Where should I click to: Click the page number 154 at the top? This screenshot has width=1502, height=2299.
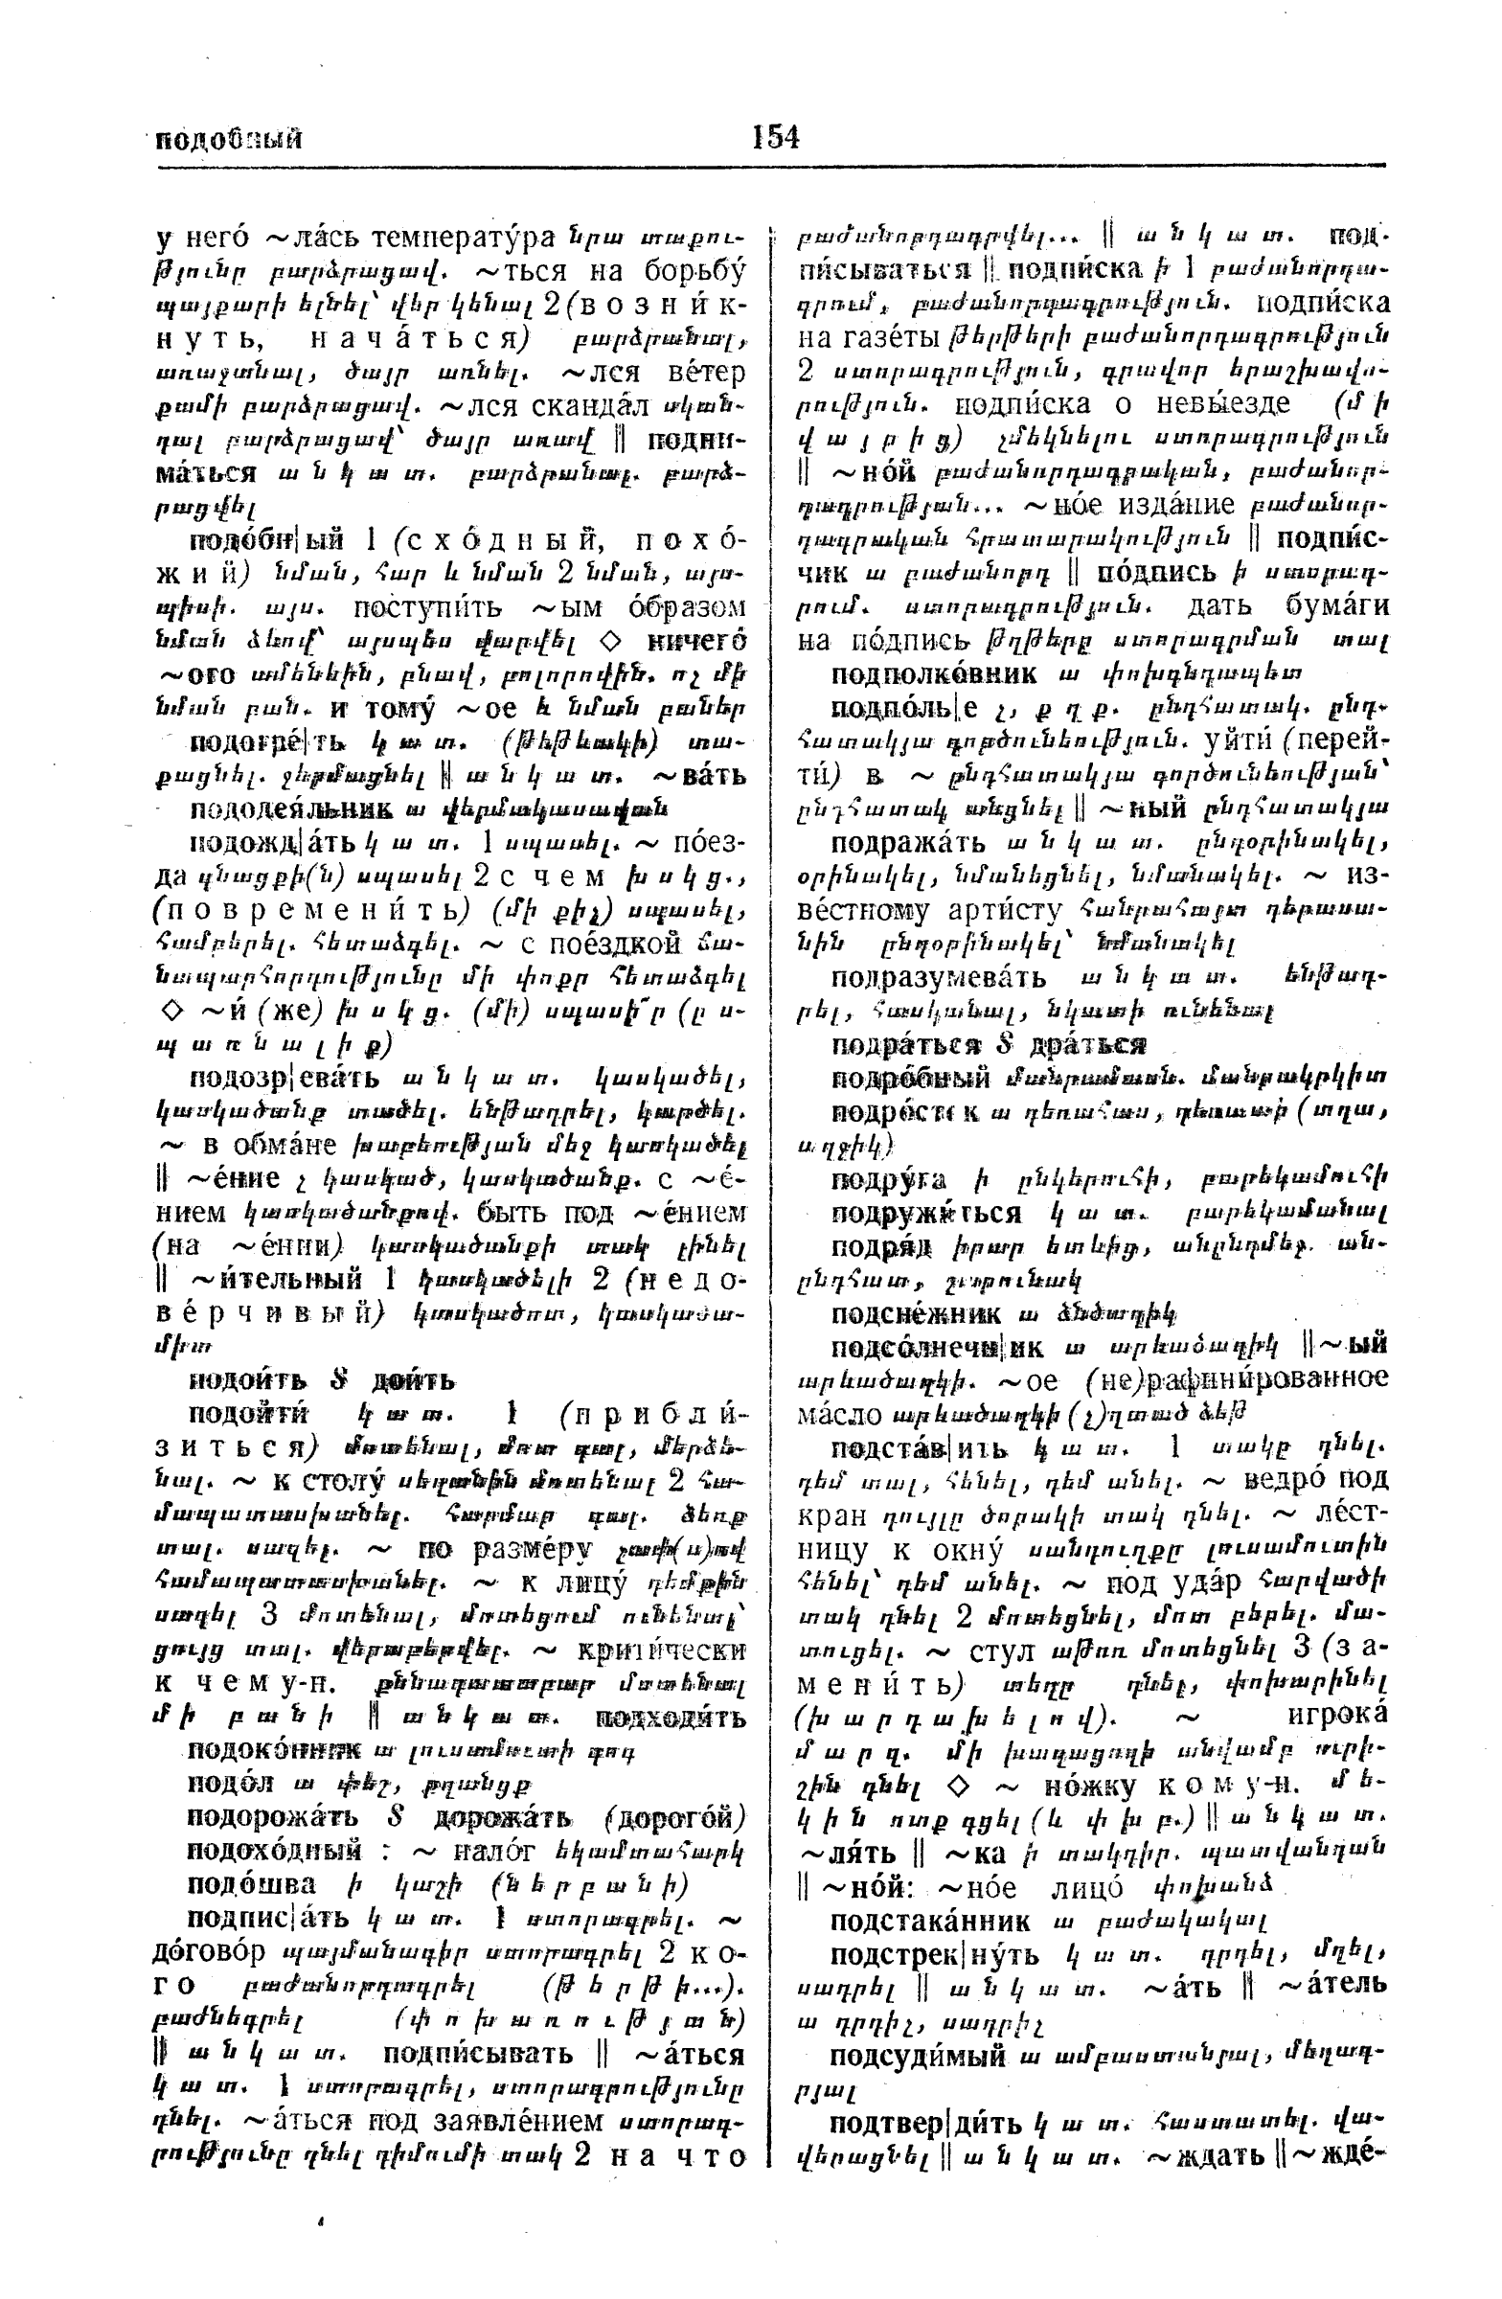click(x=776, y=138)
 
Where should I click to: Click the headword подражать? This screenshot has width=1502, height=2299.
click(x=907, y=842)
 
